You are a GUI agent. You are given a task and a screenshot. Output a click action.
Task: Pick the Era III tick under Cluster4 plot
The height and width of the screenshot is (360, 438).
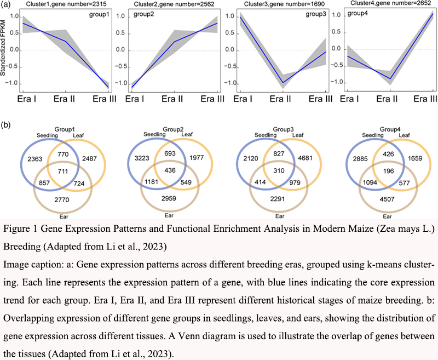424,99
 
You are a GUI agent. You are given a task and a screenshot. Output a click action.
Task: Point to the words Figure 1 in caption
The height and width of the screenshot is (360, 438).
19,228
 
